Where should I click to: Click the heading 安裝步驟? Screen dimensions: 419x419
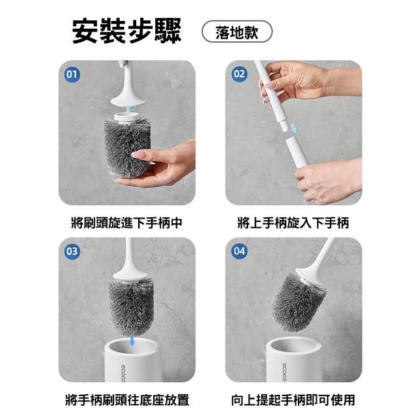126,31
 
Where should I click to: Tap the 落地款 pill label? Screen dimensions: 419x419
237,31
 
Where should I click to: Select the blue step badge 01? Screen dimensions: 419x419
72,74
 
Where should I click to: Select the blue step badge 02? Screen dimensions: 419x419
239,74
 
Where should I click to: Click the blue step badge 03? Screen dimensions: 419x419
72,251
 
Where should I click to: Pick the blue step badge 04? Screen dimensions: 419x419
239,251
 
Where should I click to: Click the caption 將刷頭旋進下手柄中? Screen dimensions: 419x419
126,223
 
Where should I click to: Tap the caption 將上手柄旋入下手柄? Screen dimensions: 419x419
293,223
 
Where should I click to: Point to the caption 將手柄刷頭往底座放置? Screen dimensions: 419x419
127,400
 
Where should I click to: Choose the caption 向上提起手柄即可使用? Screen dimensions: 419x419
293,400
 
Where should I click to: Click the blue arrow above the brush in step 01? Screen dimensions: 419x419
128,109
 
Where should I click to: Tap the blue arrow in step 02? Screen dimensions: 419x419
293,128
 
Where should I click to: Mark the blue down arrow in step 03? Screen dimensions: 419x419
132,340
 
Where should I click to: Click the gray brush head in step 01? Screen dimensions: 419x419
127,148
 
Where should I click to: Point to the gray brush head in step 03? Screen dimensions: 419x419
131,306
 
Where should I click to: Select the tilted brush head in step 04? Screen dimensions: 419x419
298,302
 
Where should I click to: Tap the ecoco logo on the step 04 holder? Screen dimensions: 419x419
284,372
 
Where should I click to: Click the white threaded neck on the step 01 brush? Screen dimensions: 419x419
126,118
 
